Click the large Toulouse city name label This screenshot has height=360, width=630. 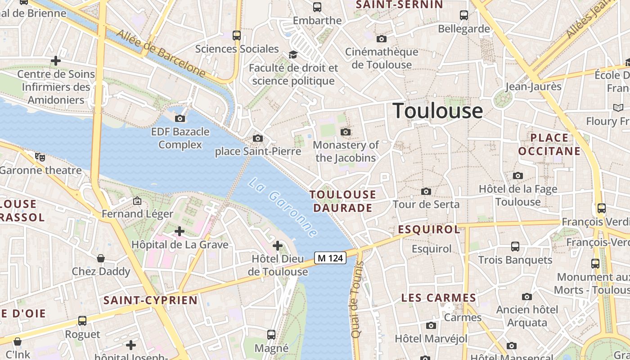pyautogui.click(x=438, y=111)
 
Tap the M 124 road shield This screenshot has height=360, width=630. pyautogui.click(x=330, y=258)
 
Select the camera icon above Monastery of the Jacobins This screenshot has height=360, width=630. pyautogui.click(x=345, y=132)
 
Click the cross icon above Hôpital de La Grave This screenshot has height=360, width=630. pyautogui.click(x=180, y=231)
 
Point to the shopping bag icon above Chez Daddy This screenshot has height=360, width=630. pyautogui.click(x=101, y=258)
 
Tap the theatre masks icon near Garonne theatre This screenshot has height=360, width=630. pyautogui.click(x=40, y=157)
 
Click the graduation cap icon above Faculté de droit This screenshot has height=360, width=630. pyautogui.click(x=293, y=54)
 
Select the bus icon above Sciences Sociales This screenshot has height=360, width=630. pyautogui.click(x=236, y=35)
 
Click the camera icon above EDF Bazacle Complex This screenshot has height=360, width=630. pyautogui.click(x=180, y=118)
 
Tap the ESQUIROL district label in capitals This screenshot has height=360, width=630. pyautogui.click(x=429, y=229)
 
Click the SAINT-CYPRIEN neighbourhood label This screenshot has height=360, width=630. pyautogui.click(x=150, y=300)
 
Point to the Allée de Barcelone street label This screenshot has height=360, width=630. pyautogui.click(x=161, y=53)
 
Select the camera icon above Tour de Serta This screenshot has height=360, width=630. pyautogui.click(x=426, y=192)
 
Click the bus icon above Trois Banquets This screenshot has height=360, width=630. pyautogui.click(x=515, y=247)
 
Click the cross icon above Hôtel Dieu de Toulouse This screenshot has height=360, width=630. pyautogui.click(x=278, y=246)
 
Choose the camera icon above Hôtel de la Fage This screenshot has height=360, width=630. pyautogui.click(x=517, y=175)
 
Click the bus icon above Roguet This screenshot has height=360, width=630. pyautogui.click(x=82, y=321)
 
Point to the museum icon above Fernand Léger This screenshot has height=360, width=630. pyautogui.click(x=137, y=201)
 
